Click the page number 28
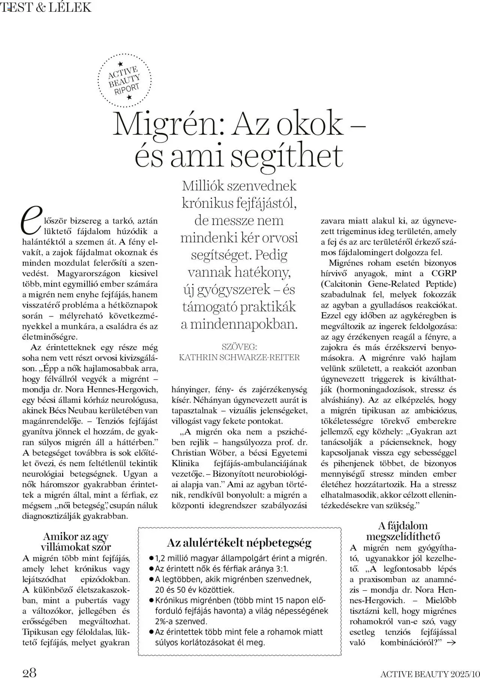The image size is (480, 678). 30,669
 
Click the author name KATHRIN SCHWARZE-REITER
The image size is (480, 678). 239,357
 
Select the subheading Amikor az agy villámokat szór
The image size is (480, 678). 76,541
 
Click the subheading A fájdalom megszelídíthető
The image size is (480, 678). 403,531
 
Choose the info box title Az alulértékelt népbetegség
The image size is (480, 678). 239,543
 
